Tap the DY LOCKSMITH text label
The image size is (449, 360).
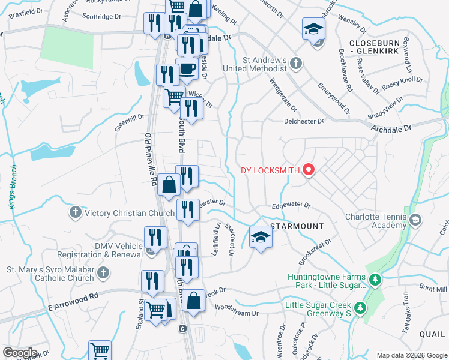click(270, 170)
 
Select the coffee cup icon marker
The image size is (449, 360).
click(187, 69)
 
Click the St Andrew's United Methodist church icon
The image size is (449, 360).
click(295, 63)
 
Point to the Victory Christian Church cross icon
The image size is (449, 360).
click(76, 212)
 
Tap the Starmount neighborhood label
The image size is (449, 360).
click(297, 226)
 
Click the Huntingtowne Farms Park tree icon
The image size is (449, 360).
click(375, 280)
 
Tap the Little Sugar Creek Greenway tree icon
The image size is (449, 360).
click(360, 308)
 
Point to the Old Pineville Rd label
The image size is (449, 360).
click(151, 159)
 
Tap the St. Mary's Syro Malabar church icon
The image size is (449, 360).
click(103, 274)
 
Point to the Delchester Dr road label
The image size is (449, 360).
click(303, 121)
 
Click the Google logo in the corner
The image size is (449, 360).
click(20, 353)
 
